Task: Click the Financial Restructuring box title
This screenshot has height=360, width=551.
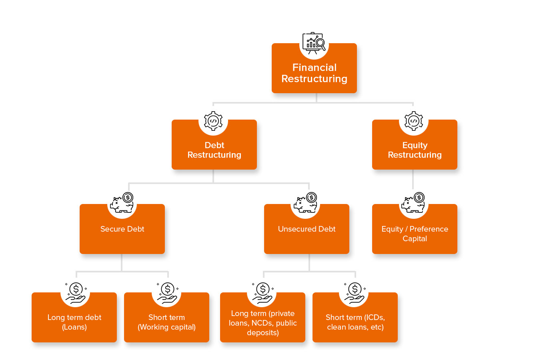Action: tap(314, 73)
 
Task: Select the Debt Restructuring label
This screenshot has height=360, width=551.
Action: tap(214, 150)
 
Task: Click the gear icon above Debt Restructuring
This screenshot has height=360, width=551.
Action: tap(213, 121)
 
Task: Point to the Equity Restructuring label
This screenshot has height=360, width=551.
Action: tap(415, 150)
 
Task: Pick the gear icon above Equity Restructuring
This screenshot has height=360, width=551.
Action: tap(414, 121)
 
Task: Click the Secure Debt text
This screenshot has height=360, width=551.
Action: tap(122, 229)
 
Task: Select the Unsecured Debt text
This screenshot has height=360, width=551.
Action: tap(307, 229)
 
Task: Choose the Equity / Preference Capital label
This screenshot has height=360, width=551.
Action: tap(415, 234)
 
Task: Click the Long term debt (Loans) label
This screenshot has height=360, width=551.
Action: tap(74, 322)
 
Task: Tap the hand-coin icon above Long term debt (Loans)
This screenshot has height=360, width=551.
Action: tap(76, 293)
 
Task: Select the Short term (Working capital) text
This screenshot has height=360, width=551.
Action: tap(166, 322)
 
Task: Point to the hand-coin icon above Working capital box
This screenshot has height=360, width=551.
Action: tap(167, 293)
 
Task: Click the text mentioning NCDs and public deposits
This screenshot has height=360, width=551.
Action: tap(262, 323)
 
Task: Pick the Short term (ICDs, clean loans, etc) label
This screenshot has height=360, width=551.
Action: tap(355, 322)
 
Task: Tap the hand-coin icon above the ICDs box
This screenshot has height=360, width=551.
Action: tap(355, 293)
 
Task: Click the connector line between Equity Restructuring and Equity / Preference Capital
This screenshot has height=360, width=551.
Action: tap(413, 179)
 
